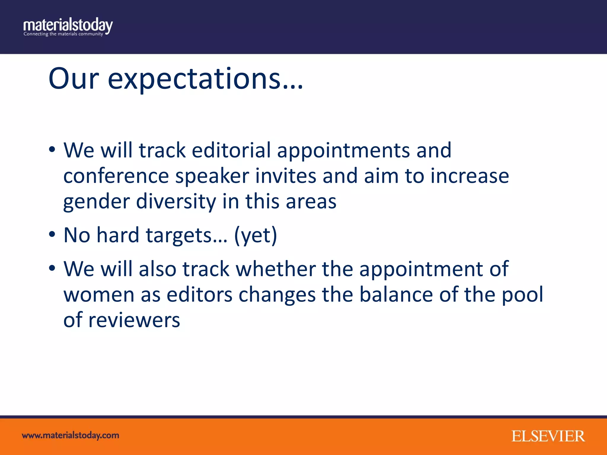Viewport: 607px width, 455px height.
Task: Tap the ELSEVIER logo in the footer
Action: point(548,436)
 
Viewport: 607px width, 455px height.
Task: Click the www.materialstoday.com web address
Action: point(71,435)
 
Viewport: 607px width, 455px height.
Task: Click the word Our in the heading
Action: point(74,79)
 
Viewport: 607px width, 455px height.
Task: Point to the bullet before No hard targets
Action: point(52,234)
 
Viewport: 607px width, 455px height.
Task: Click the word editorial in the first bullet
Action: point(231,150)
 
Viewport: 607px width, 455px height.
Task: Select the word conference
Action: point(116,176)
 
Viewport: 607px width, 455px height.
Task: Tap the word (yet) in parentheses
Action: point(255,235)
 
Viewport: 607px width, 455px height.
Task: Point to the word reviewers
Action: point(134,321)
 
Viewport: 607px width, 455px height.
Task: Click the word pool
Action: point(522,295)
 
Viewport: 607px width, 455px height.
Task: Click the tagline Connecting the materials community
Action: point(63,34)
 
